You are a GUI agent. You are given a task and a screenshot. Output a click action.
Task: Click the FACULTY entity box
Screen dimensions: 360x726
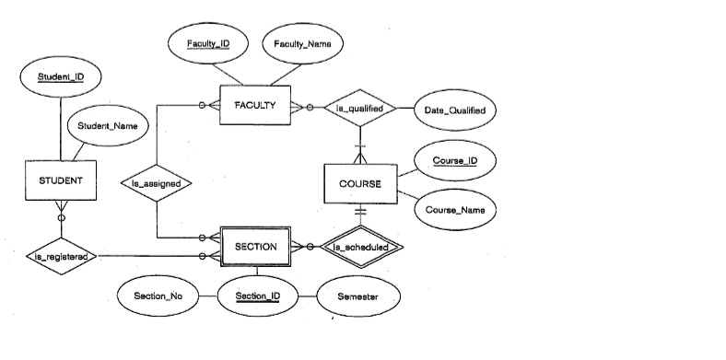click(255, 106)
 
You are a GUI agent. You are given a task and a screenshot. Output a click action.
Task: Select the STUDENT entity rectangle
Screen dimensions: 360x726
click(61, 181)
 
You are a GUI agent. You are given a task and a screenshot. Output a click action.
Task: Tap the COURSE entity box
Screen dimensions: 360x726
click(360, 183)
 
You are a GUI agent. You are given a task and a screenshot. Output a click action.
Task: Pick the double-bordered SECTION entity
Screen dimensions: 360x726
click(255, 247)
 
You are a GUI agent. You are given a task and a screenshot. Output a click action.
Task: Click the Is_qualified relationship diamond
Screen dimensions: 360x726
click(359, 108)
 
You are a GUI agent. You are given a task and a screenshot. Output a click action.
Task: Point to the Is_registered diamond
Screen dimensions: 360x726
click(62, 255)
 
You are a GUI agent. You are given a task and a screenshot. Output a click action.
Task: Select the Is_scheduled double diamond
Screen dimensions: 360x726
click(366, 247)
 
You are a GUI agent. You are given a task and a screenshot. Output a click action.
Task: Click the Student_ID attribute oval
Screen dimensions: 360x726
click(61, 76)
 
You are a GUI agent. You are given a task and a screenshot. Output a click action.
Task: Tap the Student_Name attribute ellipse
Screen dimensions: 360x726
click(101, 127)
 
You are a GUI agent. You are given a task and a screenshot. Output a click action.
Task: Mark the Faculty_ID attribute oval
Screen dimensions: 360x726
click(208, 44)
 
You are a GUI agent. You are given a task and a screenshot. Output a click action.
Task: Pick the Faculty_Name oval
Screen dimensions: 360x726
click(302, 44)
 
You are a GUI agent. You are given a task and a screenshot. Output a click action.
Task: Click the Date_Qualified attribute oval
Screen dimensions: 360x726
click(454, 110)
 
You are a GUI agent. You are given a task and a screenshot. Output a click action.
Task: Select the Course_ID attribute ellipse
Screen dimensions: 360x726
click(454, 160)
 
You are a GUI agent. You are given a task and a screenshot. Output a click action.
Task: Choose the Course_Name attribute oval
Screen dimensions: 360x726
click(454, 209)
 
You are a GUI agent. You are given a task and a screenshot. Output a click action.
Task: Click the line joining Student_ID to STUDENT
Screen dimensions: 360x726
click(61, 129)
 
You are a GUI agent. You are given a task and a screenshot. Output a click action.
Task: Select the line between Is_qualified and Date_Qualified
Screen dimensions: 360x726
click(405, 109)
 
